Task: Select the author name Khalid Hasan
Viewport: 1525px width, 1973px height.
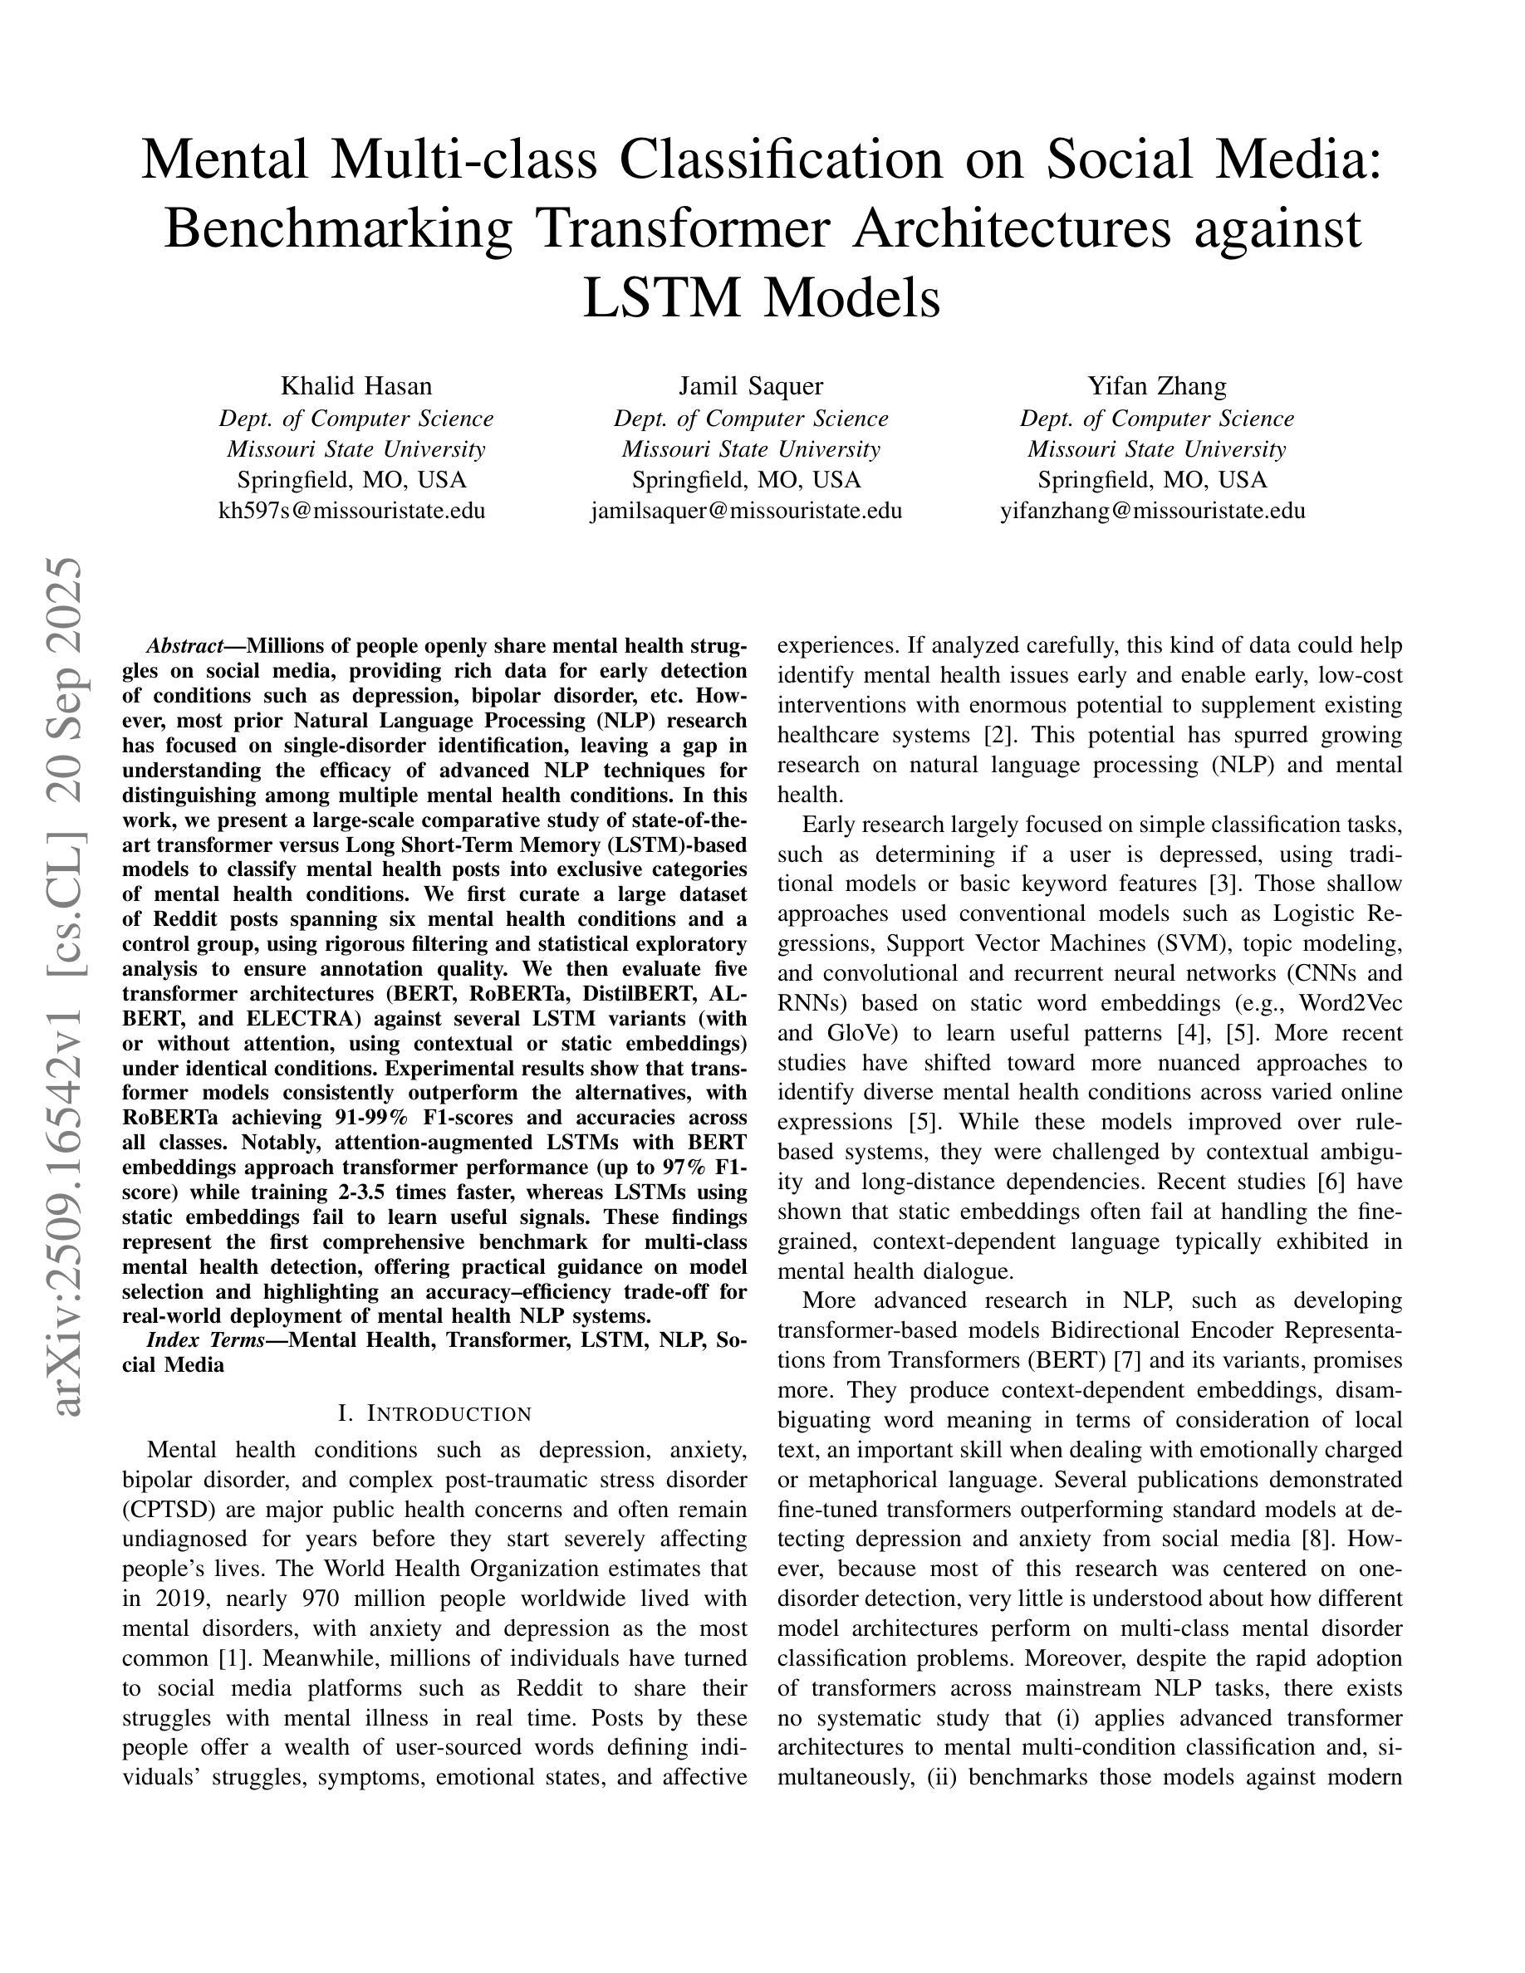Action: pyautogui.click(x=356, y=386)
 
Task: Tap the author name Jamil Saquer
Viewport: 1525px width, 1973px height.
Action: pyautogui.click(x=751, y=386)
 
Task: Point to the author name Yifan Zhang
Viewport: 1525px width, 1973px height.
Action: pyautogui.click(x=1156, y=386)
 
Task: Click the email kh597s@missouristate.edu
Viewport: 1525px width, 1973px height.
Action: pyautogui.click(x=351, y=511)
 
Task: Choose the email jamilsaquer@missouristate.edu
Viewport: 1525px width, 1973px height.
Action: pyautogui.click(x=746, y=511)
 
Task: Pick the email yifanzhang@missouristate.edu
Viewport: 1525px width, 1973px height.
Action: pyautogui.click(x=1152, y=511)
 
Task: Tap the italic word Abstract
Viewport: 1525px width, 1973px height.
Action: pyautogui.click(x=184, y=647)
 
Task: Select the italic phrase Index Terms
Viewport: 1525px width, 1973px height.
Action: pyautogui.click(x=205, y=1339)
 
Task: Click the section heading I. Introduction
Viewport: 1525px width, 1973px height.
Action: pyautogui.click(x=434, y=1412)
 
